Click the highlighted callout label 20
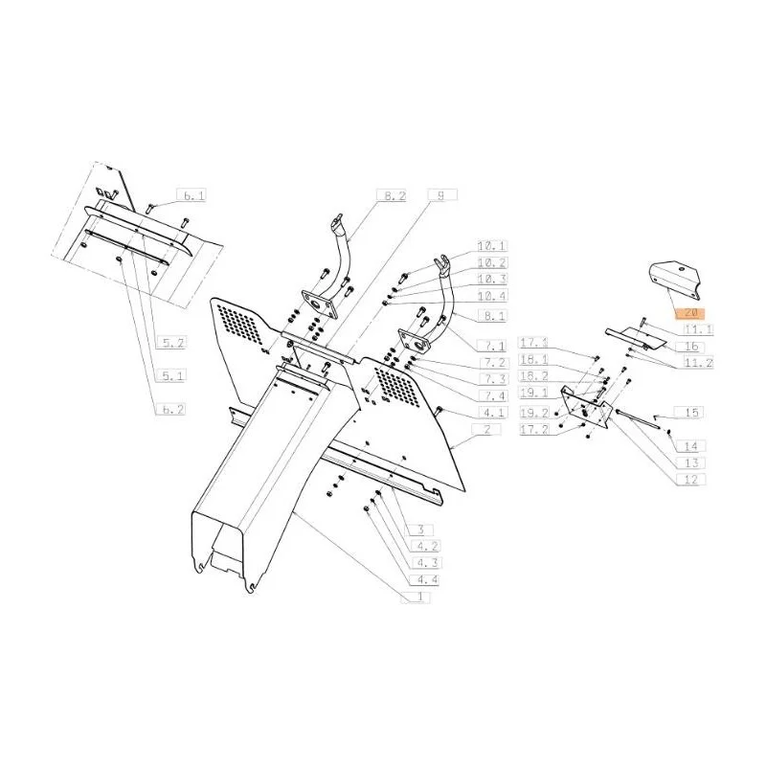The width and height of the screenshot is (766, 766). [x=689, y=312]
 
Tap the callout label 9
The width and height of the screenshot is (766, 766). [x=442, y=195]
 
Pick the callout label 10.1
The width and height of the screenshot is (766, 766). [x=492, y=245]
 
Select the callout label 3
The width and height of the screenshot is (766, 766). [x=420, y=529]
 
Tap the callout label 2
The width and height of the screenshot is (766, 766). [x=486, y=429]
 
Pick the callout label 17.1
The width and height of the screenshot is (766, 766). [x=534, y=343]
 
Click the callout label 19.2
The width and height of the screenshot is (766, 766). [x=534, y=413]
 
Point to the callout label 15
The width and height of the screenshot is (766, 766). [x=689, y=412]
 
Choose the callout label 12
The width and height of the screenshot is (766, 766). [x=690, y=480]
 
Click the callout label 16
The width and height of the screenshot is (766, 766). [x=689, y=347]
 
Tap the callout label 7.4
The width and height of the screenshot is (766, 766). [x=494, y=395]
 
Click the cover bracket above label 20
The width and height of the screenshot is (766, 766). [x=675, y=279]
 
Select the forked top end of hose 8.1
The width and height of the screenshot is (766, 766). [x=442, y=262]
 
